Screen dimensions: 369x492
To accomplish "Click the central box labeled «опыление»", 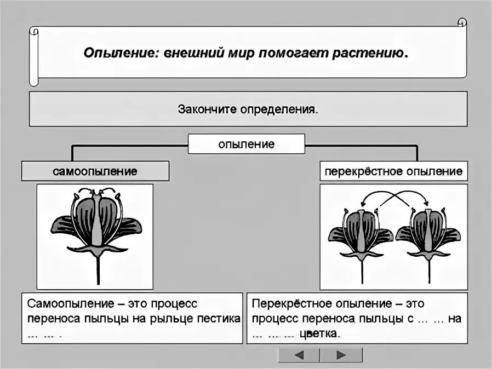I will (246, 145).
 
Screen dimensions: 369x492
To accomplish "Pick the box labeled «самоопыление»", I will (95, 171).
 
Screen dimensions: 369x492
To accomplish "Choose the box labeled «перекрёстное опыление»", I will (393, 171).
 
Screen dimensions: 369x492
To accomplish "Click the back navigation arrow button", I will (299, 355).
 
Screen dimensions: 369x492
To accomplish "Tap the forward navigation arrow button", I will (341, 355).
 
